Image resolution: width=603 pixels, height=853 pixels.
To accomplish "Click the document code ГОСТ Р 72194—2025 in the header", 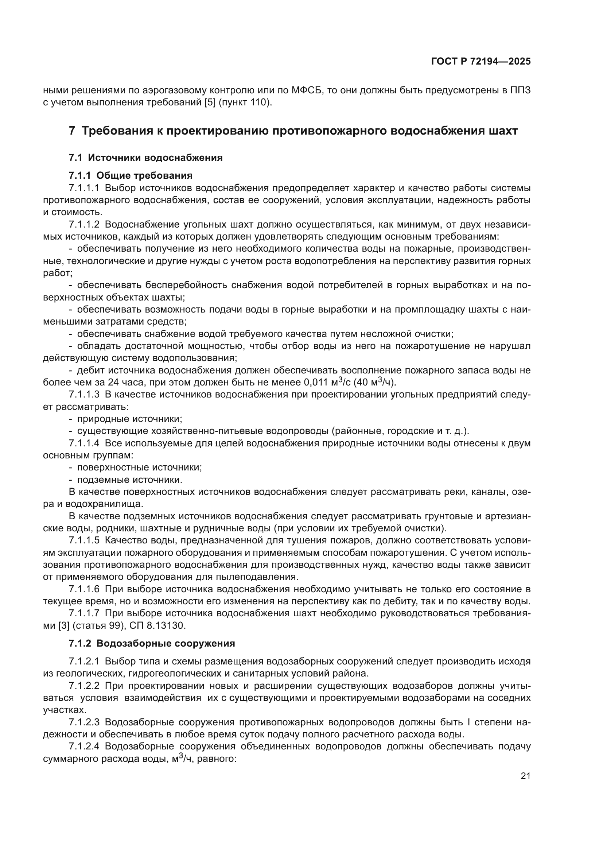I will coord(481,62).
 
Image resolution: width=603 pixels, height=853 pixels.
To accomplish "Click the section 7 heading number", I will coord(72,131).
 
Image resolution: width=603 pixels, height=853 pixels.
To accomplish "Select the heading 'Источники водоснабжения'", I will coord(155,158).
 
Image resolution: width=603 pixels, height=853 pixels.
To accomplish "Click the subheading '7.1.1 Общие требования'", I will coord(131,175).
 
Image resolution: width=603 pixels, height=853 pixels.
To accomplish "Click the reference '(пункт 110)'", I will coord(245,102).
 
